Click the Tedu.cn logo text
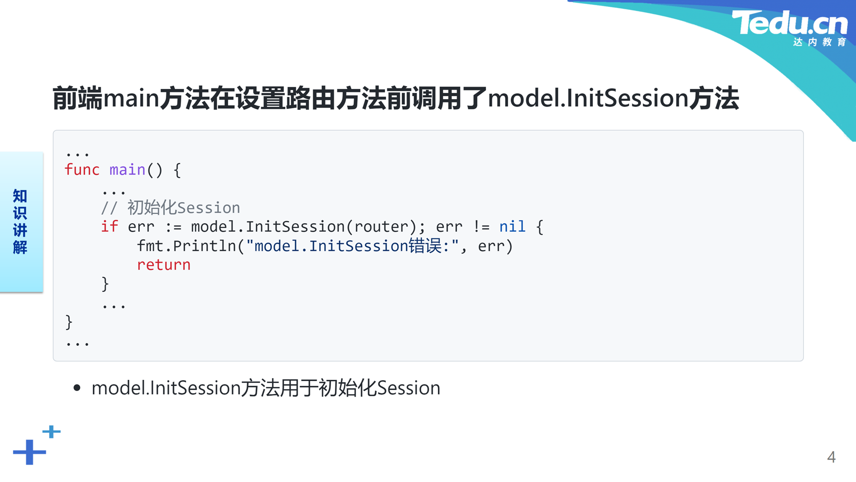790,23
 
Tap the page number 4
831,457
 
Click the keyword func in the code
82,170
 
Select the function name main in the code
128,170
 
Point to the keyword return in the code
164,265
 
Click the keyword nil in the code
512,226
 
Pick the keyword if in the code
110,226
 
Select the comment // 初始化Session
171,208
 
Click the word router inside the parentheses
382,227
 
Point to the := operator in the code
173,227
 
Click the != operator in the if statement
481,226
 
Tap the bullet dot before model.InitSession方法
77,388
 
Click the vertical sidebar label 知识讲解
20,221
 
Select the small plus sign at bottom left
52,432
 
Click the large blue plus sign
29,452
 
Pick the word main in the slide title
132,98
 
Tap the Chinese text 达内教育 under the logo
820,42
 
